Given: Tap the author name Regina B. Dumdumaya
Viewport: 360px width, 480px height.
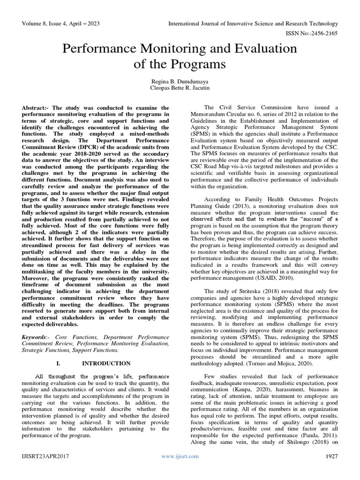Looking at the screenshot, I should [x=180, y=81].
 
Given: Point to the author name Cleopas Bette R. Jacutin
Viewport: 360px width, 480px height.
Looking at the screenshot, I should [x=180, y=88].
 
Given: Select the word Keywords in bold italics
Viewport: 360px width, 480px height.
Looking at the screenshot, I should [x=35, y=337].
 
